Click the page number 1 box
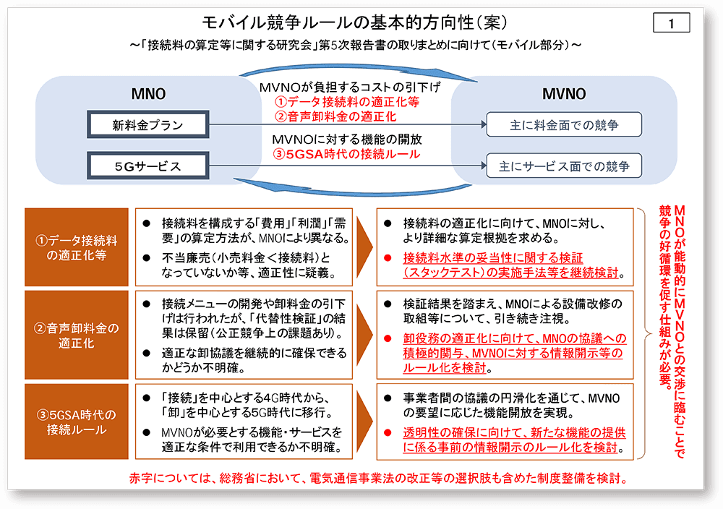point(671,23)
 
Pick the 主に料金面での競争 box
point(564,125)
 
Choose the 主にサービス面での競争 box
point(564,166)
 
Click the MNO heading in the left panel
point(148,94)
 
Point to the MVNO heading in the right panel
point(564,94)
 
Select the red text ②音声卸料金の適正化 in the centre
point(340,116)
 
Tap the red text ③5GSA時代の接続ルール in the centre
point(347,153)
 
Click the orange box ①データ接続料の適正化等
point(77,247)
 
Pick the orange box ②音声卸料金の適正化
point(77,335)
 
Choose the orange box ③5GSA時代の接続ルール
point(77,422)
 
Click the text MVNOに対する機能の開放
point(346,139)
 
